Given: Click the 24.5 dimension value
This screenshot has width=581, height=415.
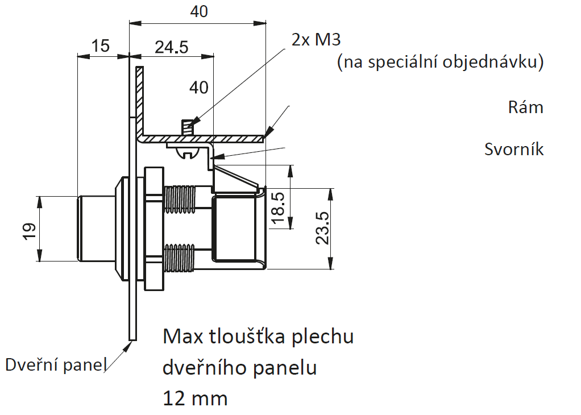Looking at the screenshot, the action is point(172,47).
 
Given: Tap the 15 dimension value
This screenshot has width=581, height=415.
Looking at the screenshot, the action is point(101,46).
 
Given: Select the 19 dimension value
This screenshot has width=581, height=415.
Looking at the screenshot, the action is point(29,231).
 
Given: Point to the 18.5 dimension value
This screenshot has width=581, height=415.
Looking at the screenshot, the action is point(278,208).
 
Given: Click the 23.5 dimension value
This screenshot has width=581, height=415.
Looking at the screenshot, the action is point(322,228).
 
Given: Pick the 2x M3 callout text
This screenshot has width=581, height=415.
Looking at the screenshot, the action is point(316,39).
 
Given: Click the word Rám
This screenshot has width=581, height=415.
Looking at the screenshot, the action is point(525,107).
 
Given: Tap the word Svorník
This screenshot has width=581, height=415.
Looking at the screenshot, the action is point(514,149).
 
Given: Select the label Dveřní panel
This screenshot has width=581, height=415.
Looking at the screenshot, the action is point(56,364).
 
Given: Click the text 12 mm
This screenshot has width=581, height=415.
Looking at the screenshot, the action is point(195,399).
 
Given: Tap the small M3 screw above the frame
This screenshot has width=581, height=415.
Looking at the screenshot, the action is point(188,128).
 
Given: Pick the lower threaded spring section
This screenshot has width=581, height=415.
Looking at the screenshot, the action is point(179,258).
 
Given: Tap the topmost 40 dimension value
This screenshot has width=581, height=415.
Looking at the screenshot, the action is point(199,11).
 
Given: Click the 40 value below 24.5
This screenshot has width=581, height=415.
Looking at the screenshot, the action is point(199,88).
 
